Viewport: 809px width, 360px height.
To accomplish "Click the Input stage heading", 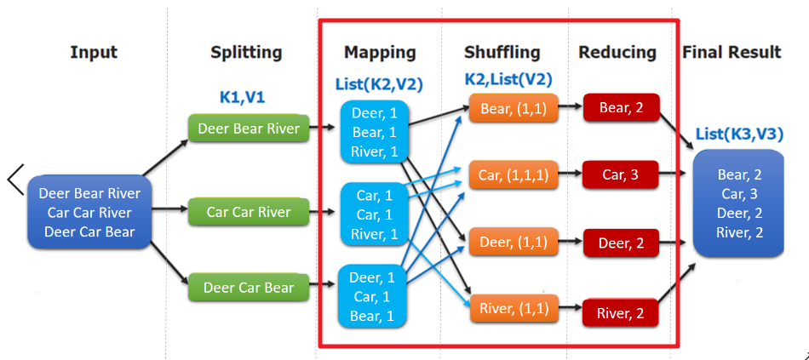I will coord(94,53).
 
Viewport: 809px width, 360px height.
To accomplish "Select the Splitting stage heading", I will coord(246,53).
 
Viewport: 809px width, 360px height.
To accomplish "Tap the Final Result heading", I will coord(732,53).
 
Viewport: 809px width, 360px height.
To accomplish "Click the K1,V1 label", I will coord(242,97).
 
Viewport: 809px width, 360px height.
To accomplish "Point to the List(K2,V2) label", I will coord(380,83).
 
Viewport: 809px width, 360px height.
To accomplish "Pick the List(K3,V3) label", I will coord(739,134).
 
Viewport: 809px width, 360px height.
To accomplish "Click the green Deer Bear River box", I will coord(249,129).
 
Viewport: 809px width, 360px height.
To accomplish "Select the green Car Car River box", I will coord(249,212).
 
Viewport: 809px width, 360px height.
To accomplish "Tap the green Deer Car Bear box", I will coord(249,288).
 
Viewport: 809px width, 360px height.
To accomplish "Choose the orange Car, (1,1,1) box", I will coord(513,175).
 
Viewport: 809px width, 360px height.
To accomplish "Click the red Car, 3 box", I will coord(622,175).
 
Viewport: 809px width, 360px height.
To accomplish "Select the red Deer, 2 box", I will coord(622,243).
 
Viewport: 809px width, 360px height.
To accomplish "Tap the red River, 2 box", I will coord(622,314).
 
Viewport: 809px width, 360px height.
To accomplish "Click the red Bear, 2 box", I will coord(622,108).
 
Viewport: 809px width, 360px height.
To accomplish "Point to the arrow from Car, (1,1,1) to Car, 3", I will coord(570,175).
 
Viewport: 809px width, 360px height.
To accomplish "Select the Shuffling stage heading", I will coord(502,53).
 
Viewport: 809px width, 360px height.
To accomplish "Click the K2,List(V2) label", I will coord(508,80).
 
